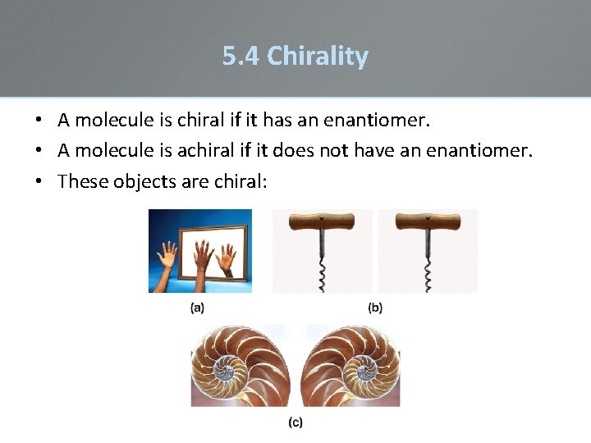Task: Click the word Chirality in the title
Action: pos(318,57)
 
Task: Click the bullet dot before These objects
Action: pos(39,181)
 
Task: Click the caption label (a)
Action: pos(198,308)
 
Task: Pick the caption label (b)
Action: pos(375,308)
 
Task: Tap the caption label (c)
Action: pos(295,422)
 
